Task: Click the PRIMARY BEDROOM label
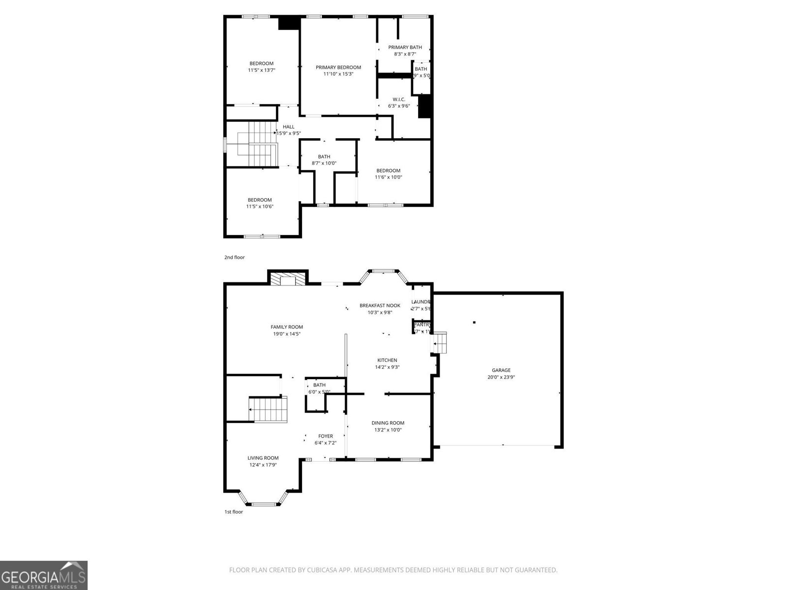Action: pyautogui.click(x=338, y=67)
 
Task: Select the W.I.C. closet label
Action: pyautogui.click(x=398, y=99)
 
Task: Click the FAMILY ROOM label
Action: pyautogui.click(x=287, y=327)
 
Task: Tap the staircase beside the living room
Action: pyautogui.click(x=268, y=410)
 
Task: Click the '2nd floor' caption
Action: pyautogui.click(x=234, y=257)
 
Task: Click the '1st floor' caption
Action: pyautogui.click(x=234, y=512)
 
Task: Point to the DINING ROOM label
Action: pyautogui.click(x=388, y=423)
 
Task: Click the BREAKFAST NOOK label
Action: pyautogui.click(x=380, y=305)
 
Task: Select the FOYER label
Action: pyautogui.click(x=325, y=436)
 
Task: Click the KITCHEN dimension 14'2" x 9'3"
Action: pyautogui.click(x=387, y=367)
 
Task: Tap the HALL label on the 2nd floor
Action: pyautogui.click(x=288, y=127)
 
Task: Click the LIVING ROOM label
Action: pyautogui.click(x=263, y=458)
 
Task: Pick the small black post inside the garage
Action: pyautogui.click(x=474, y=323)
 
